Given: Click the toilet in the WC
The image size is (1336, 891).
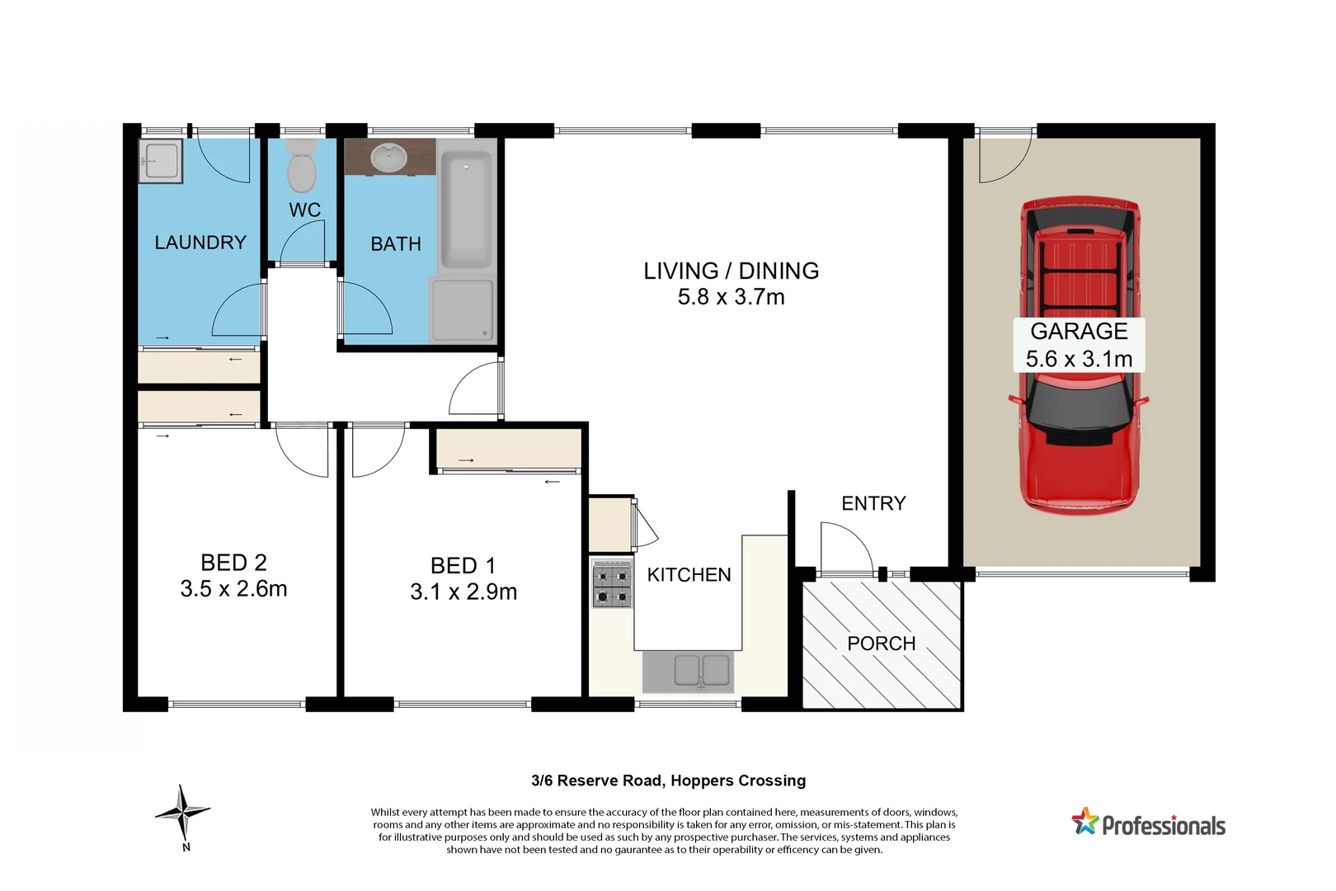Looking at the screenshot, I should [x=301, y=167].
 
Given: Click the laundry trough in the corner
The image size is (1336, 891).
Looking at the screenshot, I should [x=160, y=161].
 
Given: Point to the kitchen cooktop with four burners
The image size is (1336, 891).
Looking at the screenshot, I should [x=612, y=586].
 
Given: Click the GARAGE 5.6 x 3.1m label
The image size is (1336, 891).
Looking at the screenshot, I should [x=1079, y=345].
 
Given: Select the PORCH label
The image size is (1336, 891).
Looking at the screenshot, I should [x=881, y=643].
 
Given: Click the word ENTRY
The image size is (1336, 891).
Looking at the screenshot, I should [x=873, y=503].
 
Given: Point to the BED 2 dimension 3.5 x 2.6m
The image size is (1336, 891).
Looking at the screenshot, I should [x=233, y=589].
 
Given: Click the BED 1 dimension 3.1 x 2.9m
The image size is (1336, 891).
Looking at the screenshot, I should [x=463, y=592].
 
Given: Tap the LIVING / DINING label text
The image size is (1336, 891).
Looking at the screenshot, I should [x=731, y=271].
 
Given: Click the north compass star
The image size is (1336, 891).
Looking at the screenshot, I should [x=183, y=813].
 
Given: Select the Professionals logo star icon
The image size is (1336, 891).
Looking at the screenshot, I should [x=1085, y=822].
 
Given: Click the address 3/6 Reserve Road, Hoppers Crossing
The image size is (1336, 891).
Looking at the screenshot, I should [x=668, y=780].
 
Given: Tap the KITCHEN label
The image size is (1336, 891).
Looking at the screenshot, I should [x=689, y=575].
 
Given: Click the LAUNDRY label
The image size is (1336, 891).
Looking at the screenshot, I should [x=200, y=243].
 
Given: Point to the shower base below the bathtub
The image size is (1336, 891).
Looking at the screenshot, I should [x=462, y=310].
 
